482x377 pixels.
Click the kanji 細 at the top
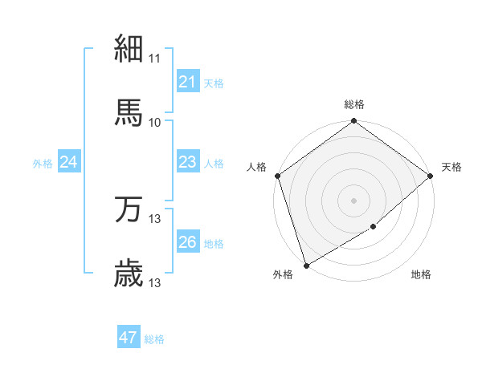pos(129,48)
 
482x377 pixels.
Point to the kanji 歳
pos(129,274)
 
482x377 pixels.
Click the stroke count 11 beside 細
pos(155,59)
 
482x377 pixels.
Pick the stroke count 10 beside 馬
pos(155,122)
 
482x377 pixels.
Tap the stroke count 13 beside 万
pos(155,219)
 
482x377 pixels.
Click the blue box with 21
pos(187,82)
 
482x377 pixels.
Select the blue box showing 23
pos(187,162)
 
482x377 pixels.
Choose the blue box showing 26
pos(187,242)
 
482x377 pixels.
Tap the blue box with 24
pos(69,162)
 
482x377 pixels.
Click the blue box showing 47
pos(128,338)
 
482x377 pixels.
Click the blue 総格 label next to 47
pos(154,339)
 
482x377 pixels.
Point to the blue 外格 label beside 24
pos(43,164)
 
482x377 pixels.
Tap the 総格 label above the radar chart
pos(354,104)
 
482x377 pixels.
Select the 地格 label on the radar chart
pos(421,275)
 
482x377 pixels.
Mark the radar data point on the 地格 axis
pos(374,227)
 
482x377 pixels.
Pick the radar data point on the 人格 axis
pos(277,176)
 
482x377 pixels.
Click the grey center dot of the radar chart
pos(354,200)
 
